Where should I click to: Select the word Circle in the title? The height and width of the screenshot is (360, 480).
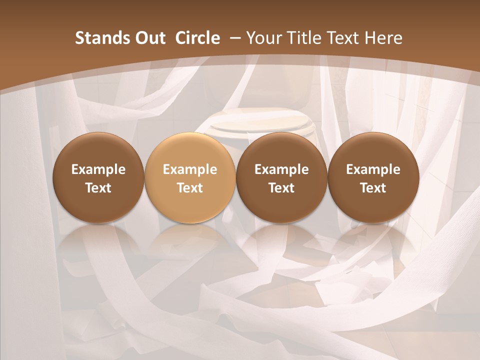coord(197,38)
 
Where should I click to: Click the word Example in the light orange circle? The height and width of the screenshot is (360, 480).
coord(190,169)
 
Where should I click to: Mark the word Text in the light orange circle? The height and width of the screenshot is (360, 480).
coord(190,188)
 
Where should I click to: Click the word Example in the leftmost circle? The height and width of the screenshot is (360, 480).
coord(98,169)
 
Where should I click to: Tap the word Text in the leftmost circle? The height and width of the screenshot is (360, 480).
coord(98,188)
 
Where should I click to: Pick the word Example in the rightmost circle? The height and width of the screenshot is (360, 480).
coord(373,169)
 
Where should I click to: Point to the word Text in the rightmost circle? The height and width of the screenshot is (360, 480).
coord(373,188)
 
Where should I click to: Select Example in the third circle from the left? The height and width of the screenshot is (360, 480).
coord(281,169)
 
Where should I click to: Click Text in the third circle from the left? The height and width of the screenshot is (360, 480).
coord(281,188)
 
